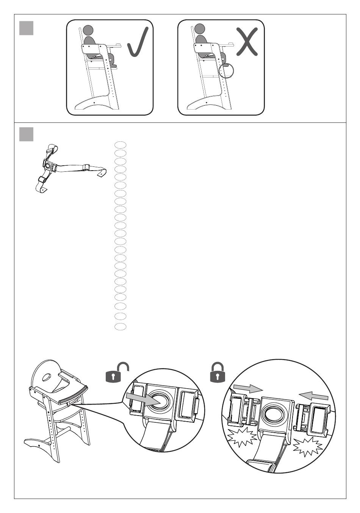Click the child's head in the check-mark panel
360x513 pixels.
88,30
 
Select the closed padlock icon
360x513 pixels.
217,372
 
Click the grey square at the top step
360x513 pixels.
26,28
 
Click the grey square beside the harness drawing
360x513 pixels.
26,134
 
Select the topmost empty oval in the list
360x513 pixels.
120,144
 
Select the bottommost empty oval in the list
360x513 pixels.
120,326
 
